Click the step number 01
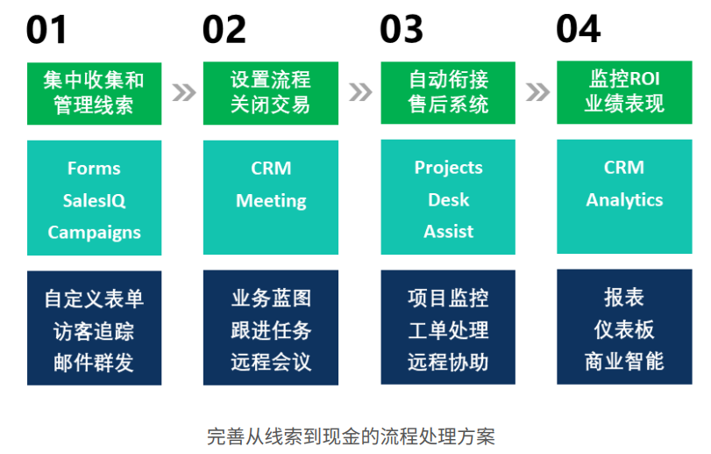tap(46, 30)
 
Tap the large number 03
tap(402, 30)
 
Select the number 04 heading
tap(579, 30)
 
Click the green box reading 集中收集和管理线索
tap(94, 92)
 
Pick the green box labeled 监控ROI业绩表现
tap(624, 92)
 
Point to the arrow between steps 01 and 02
tap(183, 92)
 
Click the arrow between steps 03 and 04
tap(537, 92)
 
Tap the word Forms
tap(94, 169)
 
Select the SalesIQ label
tap(94, 200)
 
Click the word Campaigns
tap(94, 233)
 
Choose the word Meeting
tap(271, 201)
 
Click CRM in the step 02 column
tap(271, 169)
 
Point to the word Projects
tap(448, 168)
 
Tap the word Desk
tap(448, 200)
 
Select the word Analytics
tap(624, 200)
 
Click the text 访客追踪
tap(94, 331)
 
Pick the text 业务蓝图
tap(271, 299)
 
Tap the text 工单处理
tap(448, 330)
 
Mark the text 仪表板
tap(624, 329)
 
